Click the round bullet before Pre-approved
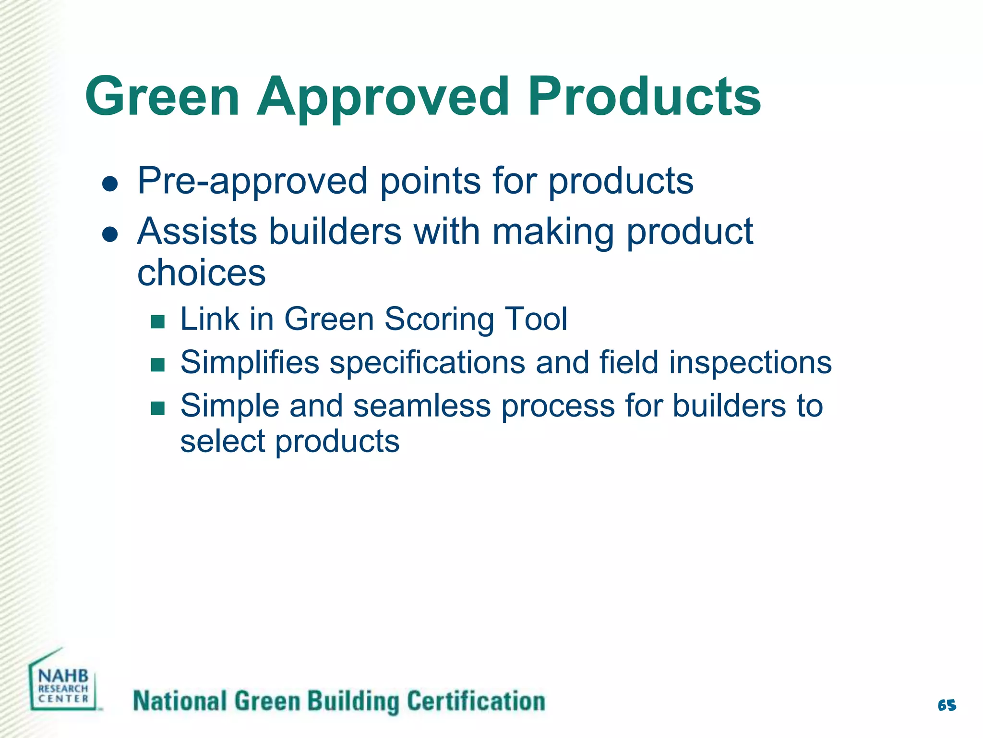[x=110, y=184]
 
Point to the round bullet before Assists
[x=110, y=234]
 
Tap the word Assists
[x=197, y=231]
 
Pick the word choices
[x=201, y=273]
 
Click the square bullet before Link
[x=157, y=321]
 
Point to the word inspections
[x=750, y=363]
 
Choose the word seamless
[x=422, y=406]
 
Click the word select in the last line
[x=222, y=441]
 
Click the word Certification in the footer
[x=476, y=701]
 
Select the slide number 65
[x=947, y=705]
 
